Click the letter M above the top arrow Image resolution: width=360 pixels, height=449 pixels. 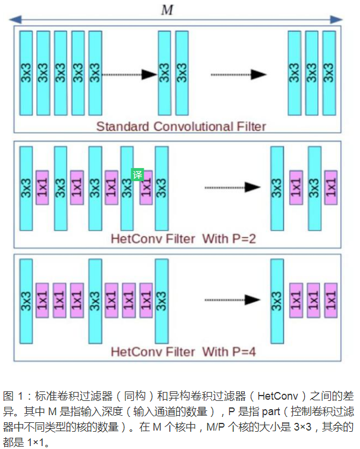168,10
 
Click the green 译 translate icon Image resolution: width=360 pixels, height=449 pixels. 137,175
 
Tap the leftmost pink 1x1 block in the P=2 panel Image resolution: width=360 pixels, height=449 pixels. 42,188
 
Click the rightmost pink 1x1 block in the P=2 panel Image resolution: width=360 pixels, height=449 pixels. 331,188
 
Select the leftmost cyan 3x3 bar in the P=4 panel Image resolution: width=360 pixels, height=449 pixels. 26,301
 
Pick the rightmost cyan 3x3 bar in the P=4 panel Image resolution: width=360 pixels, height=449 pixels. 276,301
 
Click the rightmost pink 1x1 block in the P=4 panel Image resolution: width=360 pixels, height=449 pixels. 331,301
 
